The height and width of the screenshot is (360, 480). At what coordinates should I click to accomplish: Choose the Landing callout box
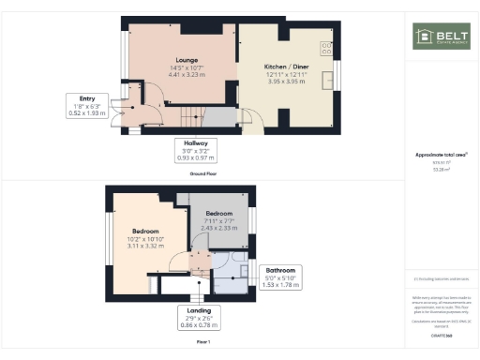tap(197, 317)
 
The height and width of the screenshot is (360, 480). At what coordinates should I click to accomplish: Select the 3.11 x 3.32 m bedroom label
tap(145, 246)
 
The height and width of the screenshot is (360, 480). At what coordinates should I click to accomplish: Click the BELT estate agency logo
tap(436, 37)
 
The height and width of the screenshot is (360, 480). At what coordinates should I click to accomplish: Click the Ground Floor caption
tap(197, 174)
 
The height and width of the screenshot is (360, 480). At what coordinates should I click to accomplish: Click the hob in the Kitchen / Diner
tap(326, 46)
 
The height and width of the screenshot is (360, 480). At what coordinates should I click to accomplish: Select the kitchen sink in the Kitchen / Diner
tap(328, 81)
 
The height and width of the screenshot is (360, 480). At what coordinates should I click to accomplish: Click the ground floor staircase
tap(190, 117)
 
